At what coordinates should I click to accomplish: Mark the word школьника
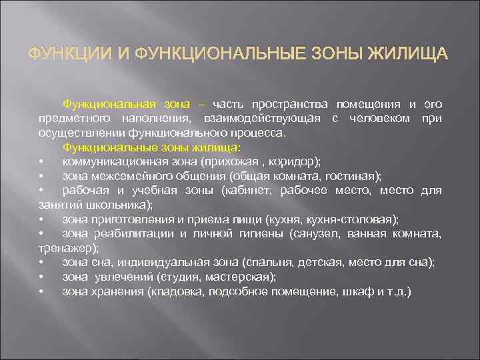click(120, 205)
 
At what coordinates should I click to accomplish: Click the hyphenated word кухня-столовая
click(360, 219)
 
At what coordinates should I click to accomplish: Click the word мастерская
click(242, 277)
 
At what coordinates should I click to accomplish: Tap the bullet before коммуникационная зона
click(41, 162)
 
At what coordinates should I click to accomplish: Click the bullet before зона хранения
click(41, 291)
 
